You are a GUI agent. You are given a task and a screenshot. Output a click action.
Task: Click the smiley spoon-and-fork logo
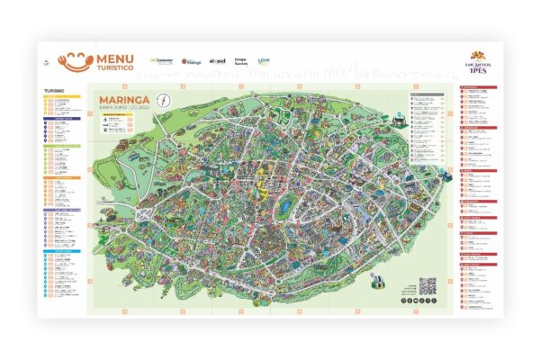(76, 60)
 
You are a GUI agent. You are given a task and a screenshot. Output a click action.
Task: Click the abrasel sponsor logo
(217, 61)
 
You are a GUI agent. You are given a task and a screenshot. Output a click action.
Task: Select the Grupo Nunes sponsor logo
(240, 61)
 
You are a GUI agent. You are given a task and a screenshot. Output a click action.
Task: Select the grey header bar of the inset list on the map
(427, 94)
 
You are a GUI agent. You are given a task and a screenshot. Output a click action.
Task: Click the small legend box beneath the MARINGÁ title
(117, 125)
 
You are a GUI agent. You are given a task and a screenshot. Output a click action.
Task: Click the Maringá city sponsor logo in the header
(193, 61)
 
